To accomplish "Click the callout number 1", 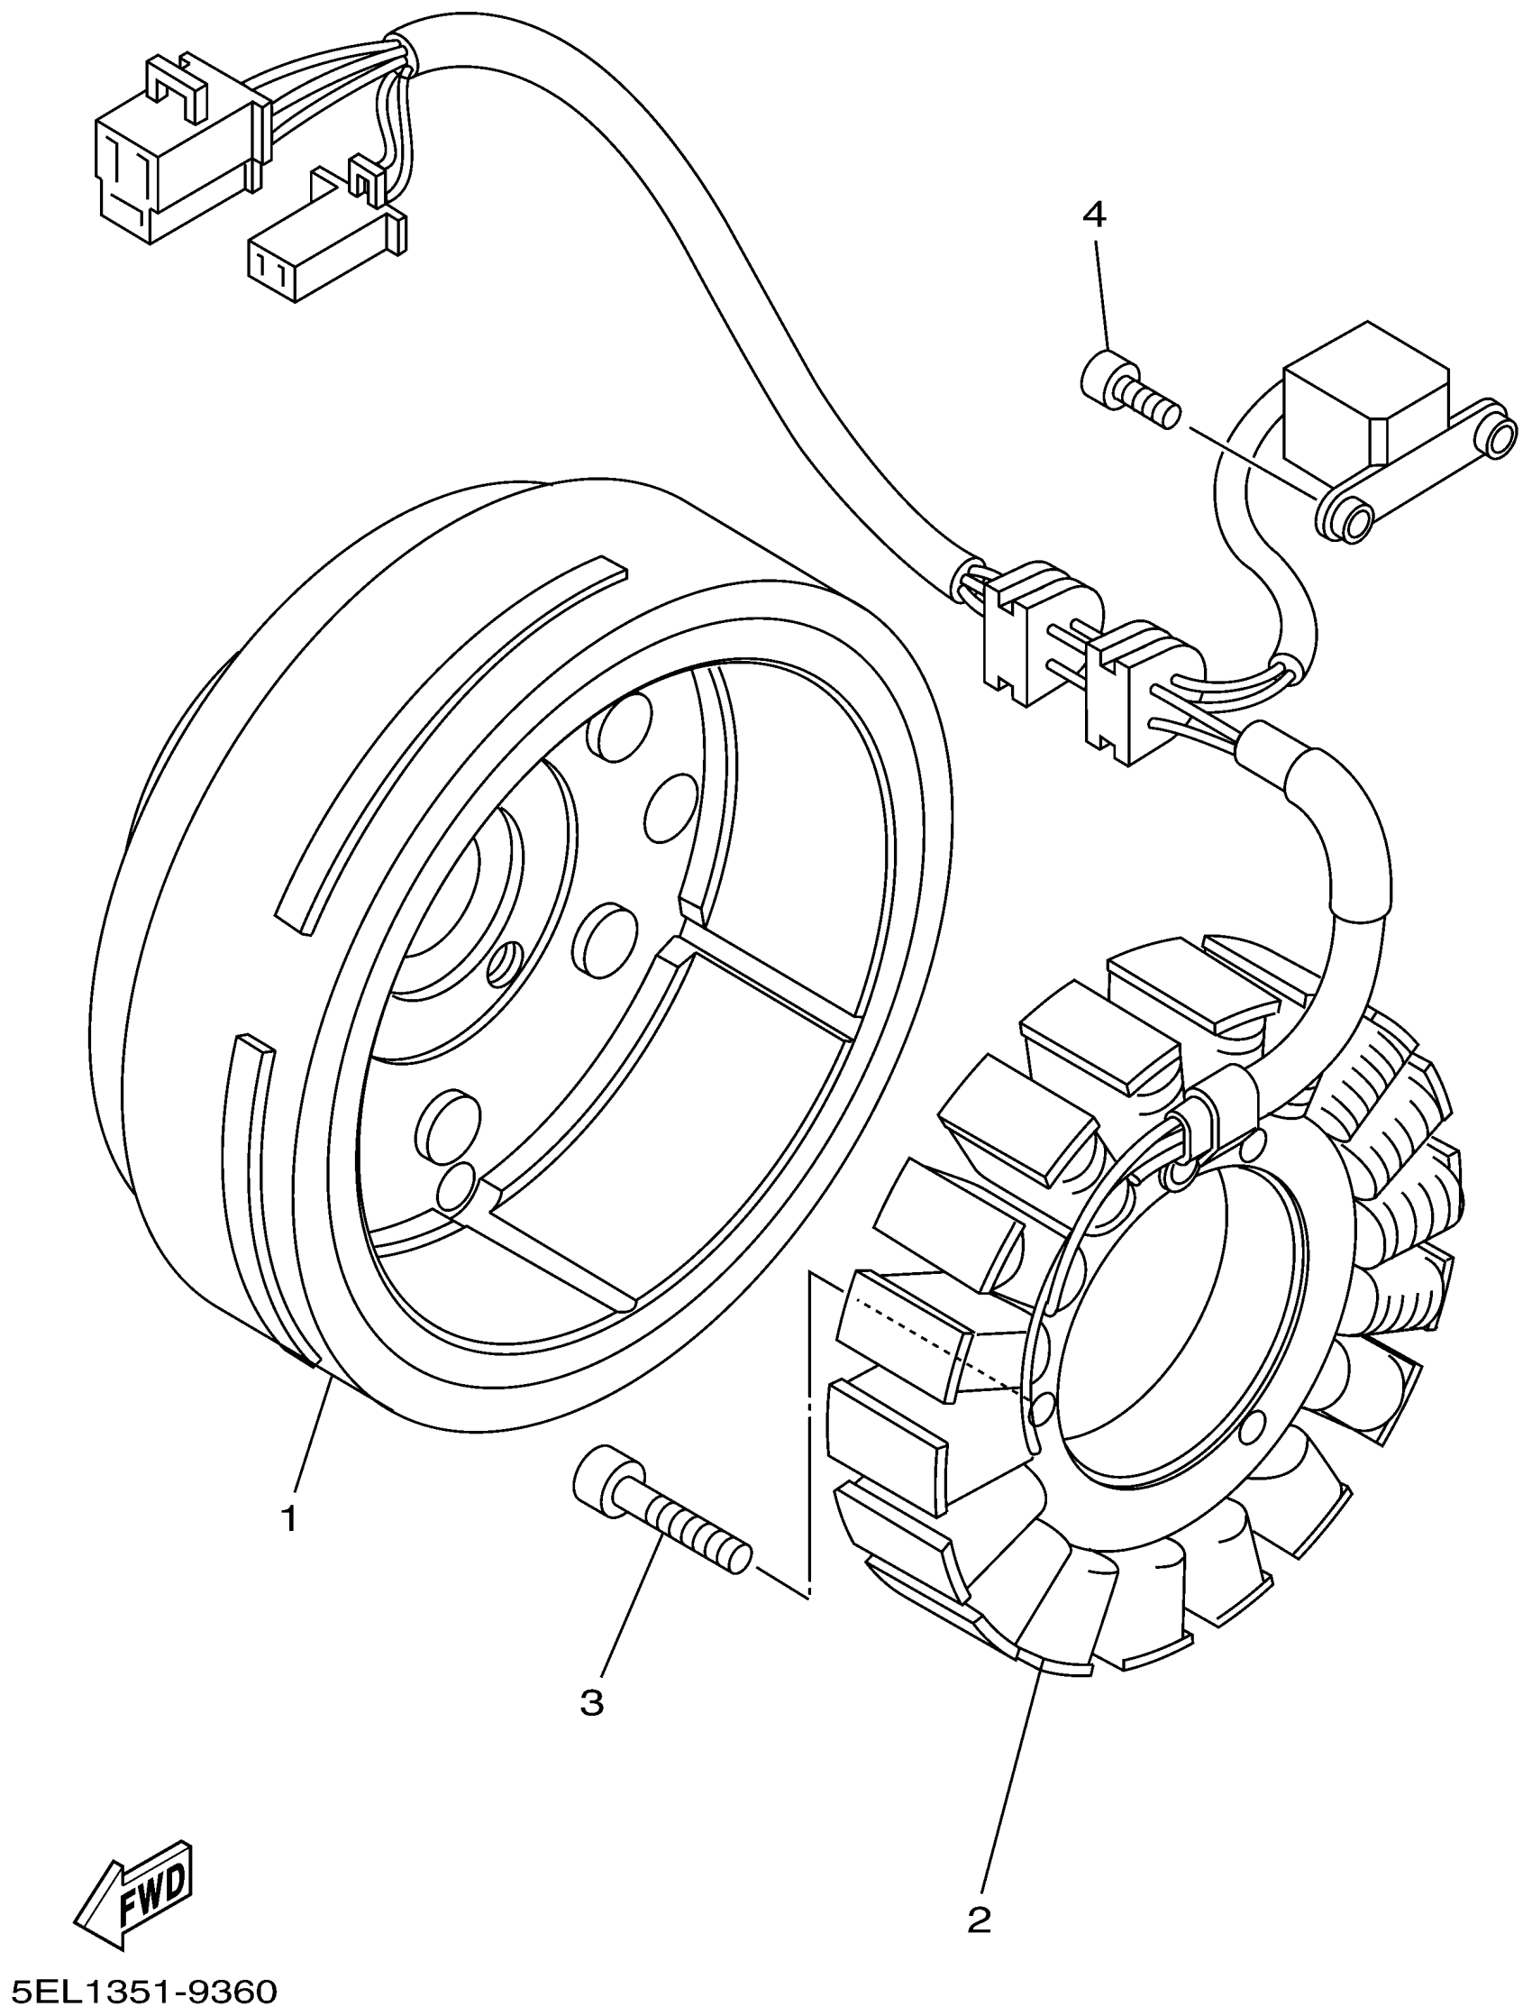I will click(x=289, y=1520).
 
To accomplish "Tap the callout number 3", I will click(x=592, y=1702).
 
